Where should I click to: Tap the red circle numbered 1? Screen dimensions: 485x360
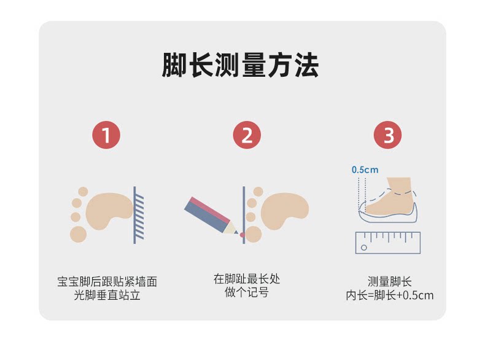point(106,135)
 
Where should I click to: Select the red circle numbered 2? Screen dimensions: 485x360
point(247,135)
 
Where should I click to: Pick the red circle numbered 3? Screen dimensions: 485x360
point(388,135)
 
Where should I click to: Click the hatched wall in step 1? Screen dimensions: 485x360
point(139,215)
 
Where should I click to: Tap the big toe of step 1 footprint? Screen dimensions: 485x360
point(79,233)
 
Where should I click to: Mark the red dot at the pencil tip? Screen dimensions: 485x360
point(242,235)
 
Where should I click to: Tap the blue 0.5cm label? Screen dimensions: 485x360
point(365,170)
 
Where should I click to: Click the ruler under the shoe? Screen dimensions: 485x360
point(387,243)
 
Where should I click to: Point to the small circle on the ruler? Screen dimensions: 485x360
point(363,248)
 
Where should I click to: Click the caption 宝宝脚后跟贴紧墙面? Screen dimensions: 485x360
point(107,282)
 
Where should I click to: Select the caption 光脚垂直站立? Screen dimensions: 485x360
point(107,295)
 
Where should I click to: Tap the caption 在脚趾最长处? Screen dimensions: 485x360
point(247,279)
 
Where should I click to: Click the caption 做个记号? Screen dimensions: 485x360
point(247,292)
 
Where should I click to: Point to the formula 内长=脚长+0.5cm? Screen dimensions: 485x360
point(389,295)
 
